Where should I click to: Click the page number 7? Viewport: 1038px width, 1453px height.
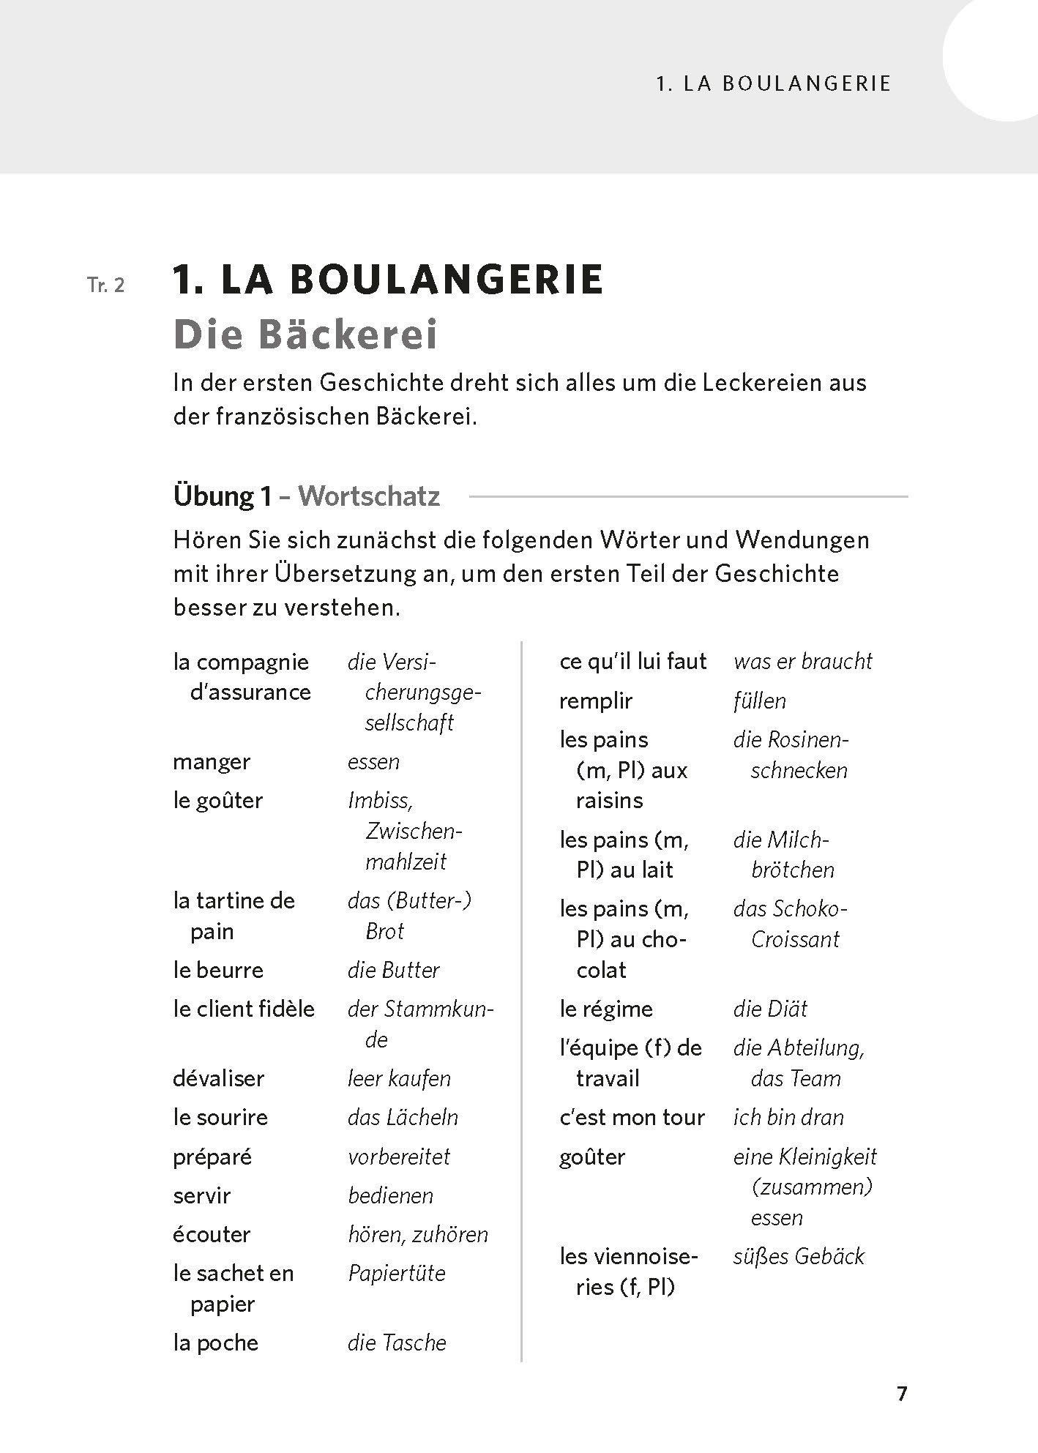point(902,1393)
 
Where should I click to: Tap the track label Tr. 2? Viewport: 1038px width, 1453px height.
point(106,285)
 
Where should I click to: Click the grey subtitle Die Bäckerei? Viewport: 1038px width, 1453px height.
point(305,335)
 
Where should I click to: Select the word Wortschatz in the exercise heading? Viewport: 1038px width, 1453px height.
point(369,496)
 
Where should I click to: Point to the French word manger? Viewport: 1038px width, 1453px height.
point(212,761)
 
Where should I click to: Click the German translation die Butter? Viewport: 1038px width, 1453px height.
point(393,970)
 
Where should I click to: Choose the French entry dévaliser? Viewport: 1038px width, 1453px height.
point(218,1078)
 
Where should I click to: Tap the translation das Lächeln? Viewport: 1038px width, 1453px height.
point(403,1117)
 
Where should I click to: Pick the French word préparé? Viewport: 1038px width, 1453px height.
point(212,1157)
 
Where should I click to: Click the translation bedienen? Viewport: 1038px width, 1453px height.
point(390,1195)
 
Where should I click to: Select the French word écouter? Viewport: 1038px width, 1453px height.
point(212,1234)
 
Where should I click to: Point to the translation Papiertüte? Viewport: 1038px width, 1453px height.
point(397,1273)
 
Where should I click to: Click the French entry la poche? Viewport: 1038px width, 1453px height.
point(216,1342)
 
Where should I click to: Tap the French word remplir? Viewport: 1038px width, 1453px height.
point(596,701)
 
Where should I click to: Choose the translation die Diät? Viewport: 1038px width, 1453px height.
point(770,1009)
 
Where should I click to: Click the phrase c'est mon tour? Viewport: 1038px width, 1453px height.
point(632,1117)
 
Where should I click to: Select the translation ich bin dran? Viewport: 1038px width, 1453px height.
point(788,1117)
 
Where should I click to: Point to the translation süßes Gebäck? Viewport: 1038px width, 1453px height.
point(799,1256)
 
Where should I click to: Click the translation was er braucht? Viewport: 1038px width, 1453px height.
point(802,661)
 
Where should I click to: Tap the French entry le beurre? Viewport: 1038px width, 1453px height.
point(218,970)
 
